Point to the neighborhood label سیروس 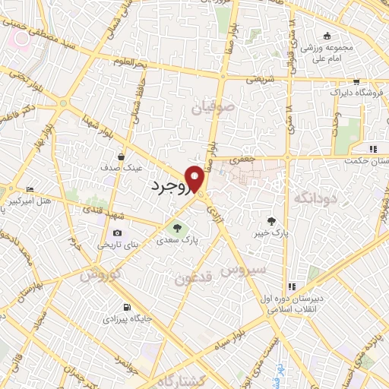point(243,270)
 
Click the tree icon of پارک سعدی point(177,226)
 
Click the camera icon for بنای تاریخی point(117,233)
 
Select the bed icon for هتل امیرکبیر point(30,189)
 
